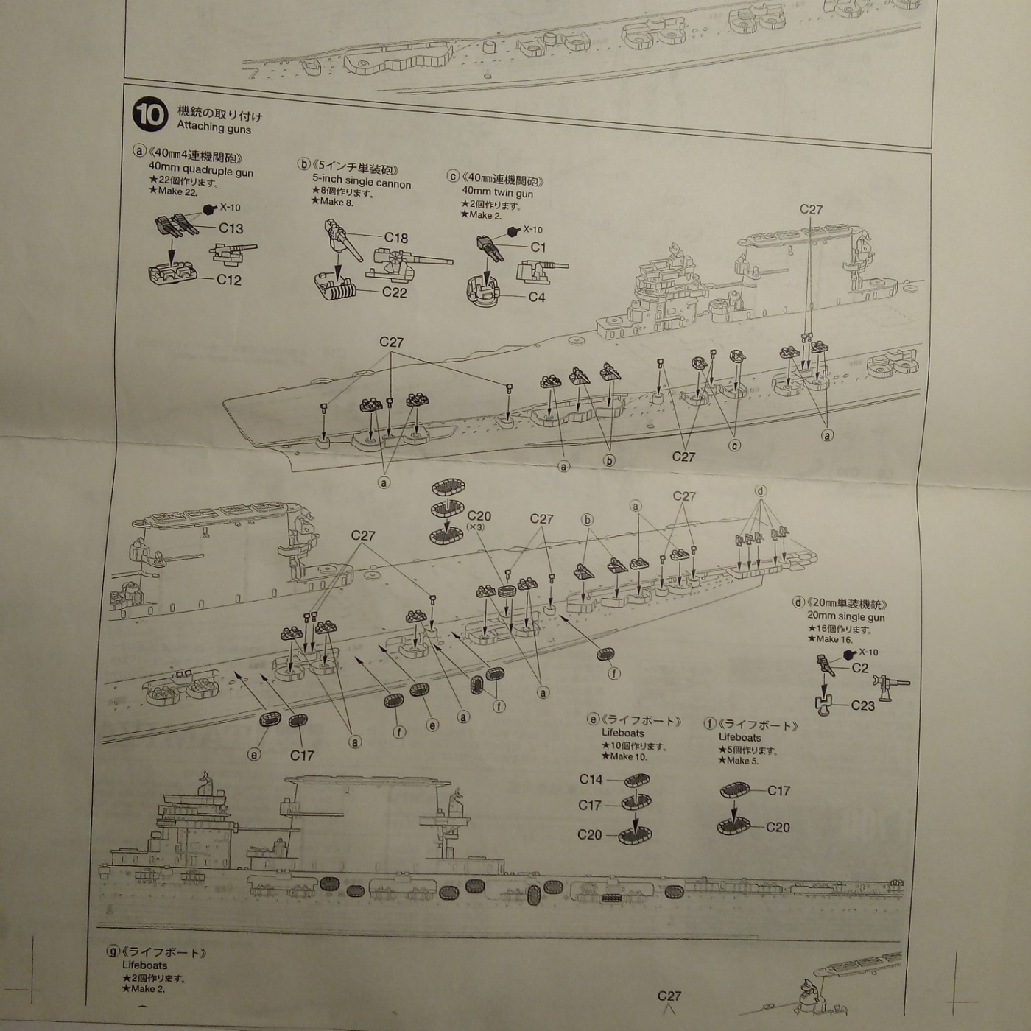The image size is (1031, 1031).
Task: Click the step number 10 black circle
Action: (x=149, y=115)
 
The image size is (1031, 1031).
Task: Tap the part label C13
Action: (x=231, y=228)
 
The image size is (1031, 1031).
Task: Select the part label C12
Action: (x=229, y=280)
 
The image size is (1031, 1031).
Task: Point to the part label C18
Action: (x=395, y=238)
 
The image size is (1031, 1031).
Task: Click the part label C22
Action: (x=395, y=292)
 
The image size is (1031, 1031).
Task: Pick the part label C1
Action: (x=538, y=247)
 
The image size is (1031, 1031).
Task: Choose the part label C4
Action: (x=537, y=298)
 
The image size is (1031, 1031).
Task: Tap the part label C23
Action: (x=862, y=705)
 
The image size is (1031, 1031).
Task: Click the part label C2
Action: (x=859, y=668)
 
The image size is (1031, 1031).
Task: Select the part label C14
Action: (x=591, y=779)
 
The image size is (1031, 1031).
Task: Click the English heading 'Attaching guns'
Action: (x=214, y=127)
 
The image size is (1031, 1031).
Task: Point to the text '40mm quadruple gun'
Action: (x=200, y=170)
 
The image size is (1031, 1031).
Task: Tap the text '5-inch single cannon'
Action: (x=362, y=182)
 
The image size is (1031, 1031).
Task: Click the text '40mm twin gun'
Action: (x=497, y=193)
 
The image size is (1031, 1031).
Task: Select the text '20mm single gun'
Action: (x=845, y=616)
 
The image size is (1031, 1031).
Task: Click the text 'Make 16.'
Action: (x=834, y=639)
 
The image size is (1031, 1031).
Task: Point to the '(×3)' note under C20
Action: (x=475, y=527)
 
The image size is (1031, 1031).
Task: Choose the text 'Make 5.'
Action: (x=742, y=761)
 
